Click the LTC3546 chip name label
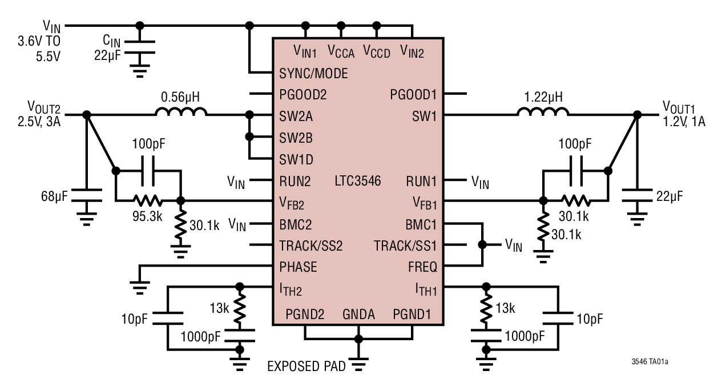tap(357, 182)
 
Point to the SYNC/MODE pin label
tap(313, 74)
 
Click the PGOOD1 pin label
tap(413, 94)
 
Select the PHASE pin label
tap(298, 267)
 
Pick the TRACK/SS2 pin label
tap(310, 245)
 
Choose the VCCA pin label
tap(341, 51)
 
